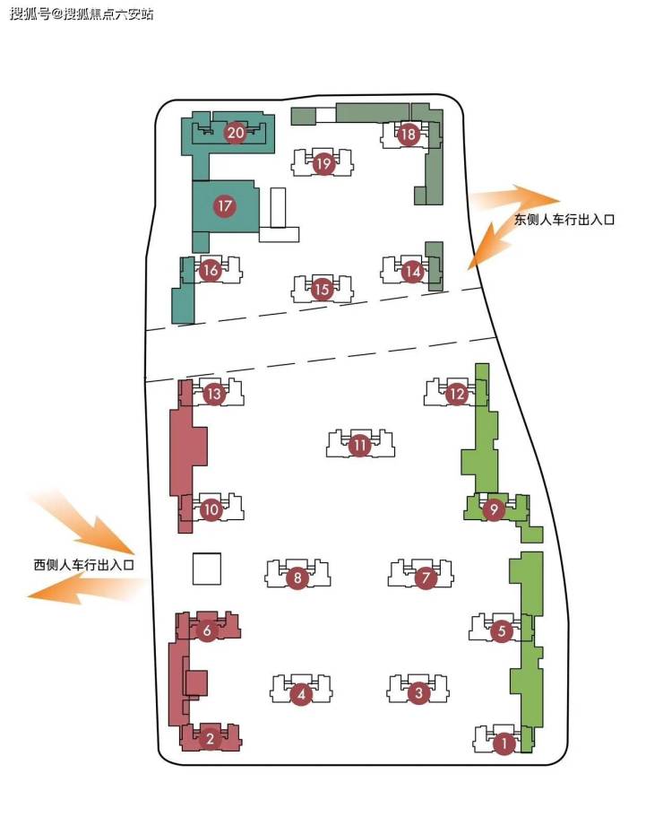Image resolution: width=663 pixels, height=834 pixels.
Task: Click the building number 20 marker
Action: pyautogui.click(x=236, y=134)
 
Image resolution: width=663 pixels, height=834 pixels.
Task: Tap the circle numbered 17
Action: pyautogui.click(x=224, y=206)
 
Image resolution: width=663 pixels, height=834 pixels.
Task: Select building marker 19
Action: pyautogui.click(x=323, y=164)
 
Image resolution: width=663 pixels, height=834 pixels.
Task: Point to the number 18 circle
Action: pyautogui.click(x=409, y=135)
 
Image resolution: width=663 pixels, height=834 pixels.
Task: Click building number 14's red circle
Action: pyautogui.click(x=412, y=271)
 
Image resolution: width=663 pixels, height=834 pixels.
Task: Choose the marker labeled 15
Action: pyautogui.click(x=322, y=289)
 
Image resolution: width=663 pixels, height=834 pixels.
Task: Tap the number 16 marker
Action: pyautogui.click(x=211, y=270)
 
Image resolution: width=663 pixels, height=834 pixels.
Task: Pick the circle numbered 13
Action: pyautogui.click(x=213, y=393)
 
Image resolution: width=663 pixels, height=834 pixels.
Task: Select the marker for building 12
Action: pyautogui.click(x=457, y=393)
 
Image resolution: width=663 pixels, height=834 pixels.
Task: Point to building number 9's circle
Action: pyautogui.click(x=493, y=509)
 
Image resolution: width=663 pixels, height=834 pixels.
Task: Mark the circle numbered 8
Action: pyautogui.click(x=297, y=578)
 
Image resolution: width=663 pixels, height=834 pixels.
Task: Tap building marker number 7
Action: pyautogui.click(x=425, y=578)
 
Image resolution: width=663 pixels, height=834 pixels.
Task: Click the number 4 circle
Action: pyautogui.click(x=301, y=693)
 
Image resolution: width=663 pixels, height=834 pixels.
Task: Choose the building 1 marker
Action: pyautogui.click(x=504, y=743)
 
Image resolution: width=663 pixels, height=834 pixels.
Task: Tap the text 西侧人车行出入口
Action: pyautogui.click(x=83, y=565)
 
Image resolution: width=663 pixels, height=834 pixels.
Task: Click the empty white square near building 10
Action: pyautogui.click(x=207, y=569)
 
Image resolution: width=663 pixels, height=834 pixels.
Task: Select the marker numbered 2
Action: pyautogui.click(x=210, y=740)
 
